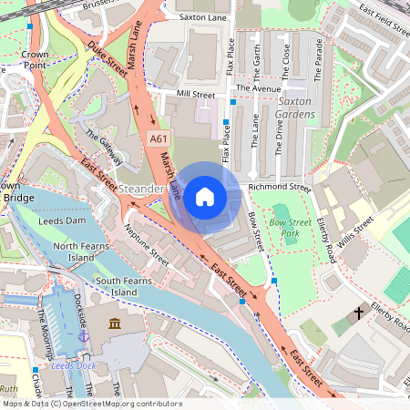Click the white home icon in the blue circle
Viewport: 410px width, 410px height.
tap(205, 196)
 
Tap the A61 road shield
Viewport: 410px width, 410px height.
tap(158, 138)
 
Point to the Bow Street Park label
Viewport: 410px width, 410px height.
tap(292, 228)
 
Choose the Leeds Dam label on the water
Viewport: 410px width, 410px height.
tap(62, 220)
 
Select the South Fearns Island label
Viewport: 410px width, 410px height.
tap(129, 286)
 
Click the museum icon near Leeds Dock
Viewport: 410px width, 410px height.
tap(113, 324)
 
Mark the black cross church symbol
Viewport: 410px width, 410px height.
tap(359, 313)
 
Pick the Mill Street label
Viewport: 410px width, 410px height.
tap(196, 94)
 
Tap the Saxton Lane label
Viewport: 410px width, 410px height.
tap(202, 15)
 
